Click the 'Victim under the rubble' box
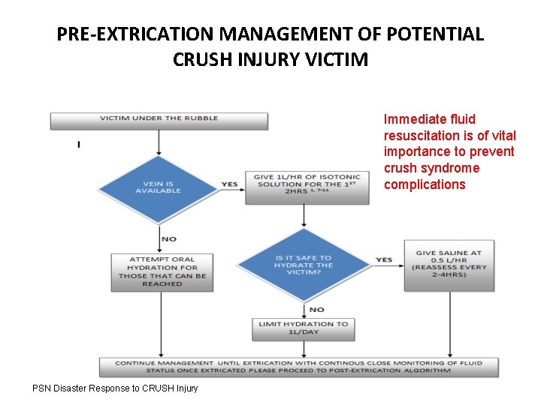point(158,120)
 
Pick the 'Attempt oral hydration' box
point(162,271)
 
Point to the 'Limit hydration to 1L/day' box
point(304,328)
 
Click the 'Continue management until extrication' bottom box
point(298,367)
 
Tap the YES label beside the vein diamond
point(229,184)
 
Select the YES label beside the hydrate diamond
point(384,260)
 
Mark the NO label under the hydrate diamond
point(316,308)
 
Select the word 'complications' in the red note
point(425,184)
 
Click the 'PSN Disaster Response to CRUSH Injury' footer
point(115,388)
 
